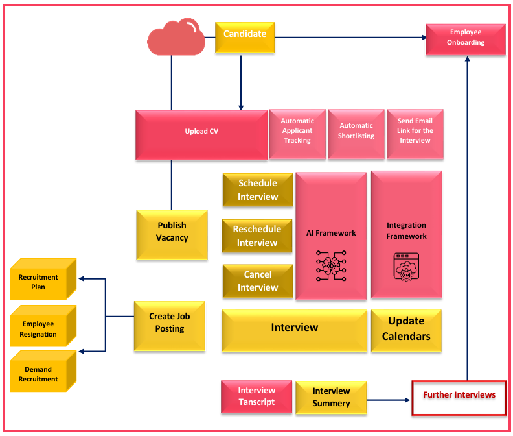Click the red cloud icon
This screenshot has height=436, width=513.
coord(172,36)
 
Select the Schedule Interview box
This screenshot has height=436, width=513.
coord(257,189)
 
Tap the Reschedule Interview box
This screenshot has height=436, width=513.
coord(257,236)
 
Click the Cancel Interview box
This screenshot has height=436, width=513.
coord(257,281)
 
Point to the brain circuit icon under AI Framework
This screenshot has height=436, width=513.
coord(331,265)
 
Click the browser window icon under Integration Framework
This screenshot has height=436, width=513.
coord(406,266)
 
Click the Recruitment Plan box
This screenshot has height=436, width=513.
coord(38,280)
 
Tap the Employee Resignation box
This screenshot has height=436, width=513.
coord(38,328)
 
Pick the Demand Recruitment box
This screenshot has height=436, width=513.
coord(38,373)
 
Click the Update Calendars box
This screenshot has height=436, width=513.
coord(406,330)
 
